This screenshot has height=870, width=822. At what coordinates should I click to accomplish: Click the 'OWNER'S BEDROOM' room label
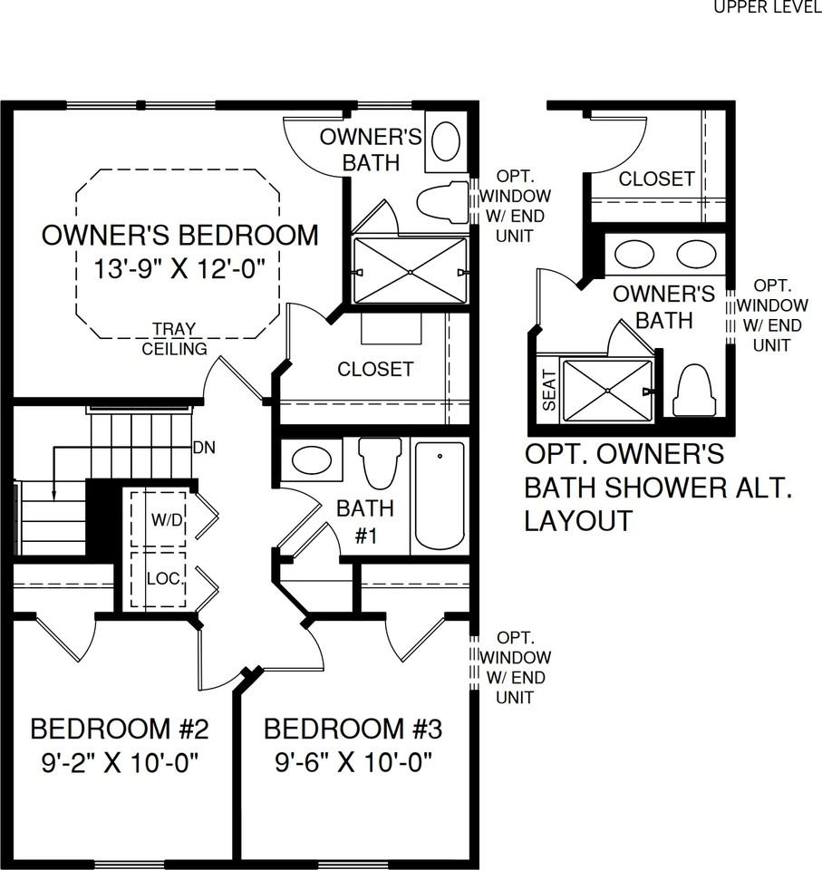tap(180, 236)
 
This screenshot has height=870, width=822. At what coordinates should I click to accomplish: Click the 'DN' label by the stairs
tap(204, 448)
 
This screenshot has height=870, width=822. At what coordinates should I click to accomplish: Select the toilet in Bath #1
tap(380, 462)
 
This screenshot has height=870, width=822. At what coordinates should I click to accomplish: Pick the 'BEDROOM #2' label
tap(121, 729)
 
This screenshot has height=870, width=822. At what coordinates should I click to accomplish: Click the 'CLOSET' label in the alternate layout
tap(656, 179)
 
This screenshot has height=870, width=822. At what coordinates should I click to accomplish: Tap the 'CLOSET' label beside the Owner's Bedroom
tap(375, 370)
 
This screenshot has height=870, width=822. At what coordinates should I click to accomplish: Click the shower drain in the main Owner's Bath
tap(411, 271)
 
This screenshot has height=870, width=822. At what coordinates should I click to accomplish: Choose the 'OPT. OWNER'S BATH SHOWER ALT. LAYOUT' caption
tap(659, 487)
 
